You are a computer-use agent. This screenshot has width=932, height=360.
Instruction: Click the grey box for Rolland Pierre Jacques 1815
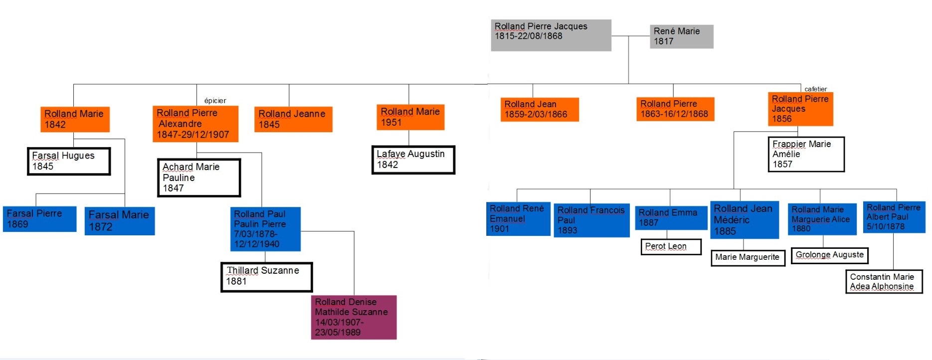(551, 35)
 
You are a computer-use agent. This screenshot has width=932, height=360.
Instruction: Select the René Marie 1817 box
(681, 36)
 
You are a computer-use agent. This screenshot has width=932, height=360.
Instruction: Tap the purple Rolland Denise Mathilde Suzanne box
(354, 317)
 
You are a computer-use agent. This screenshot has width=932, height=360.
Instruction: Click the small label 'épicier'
(215, 101)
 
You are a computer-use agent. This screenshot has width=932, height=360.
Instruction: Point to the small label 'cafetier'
(815, 89)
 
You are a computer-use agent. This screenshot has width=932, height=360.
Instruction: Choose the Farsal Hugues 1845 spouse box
(69, 161)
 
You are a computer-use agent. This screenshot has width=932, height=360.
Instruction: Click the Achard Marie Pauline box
(199, 178)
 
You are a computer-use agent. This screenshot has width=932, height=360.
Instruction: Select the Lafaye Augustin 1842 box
(413, 160)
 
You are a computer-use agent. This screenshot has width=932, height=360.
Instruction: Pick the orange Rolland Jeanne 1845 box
(293, 119)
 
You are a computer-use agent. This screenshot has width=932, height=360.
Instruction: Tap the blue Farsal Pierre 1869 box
(40, 219)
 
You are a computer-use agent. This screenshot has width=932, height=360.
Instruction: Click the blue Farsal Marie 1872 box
(120, 221)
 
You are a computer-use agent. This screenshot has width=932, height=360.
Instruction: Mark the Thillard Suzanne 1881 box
(266, 277)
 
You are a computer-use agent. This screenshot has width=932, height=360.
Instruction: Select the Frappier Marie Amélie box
(806, 154)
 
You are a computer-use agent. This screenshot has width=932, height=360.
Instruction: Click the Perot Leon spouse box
(671, 246)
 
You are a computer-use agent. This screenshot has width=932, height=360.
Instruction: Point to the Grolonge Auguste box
(829, 255)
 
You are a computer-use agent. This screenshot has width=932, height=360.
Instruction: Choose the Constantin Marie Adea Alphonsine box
(884, 281)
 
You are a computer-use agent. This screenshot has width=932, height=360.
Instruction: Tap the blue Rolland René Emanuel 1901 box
(518, 218)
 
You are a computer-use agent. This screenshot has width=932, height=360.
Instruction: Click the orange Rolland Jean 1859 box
(540, 109)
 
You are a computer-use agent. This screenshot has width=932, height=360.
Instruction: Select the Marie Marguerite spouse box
(747, 257)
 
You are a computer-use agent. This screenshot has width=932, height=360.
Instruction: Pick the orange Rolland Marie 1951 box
(410, 117)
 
